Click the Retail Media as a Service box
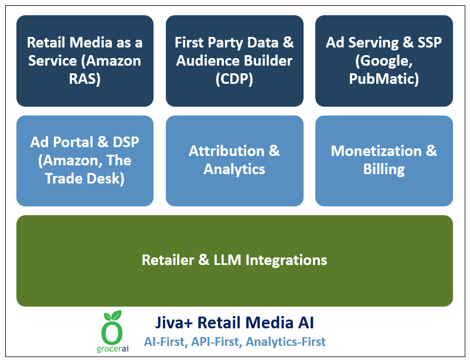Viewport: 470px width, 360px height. pos(84,61)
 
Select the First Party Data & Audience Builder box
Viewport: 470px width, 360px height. pos(234,61)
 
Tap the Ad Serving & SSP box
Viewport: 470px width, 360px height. pos(384,61)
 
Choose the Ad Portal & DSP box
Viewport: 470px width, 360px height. pos(84,161)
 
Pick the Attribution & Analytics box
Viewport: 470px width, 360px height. pos(234,161)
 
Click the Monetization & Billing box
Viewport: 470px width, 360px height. pos(384,161)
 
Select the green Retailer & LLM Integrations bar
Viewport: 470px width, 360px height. pos(234,260)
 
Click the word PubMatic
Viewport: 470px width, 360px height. pos(384,79)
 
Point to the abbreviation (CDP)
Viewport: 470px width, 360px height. pos(234,79)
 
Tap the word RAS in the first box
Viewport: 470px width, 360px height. pos(84,79)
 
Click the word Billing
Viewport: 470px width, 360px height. pos(384,169)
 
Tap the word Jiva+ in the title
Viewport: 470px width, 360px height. pos(175,322)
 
